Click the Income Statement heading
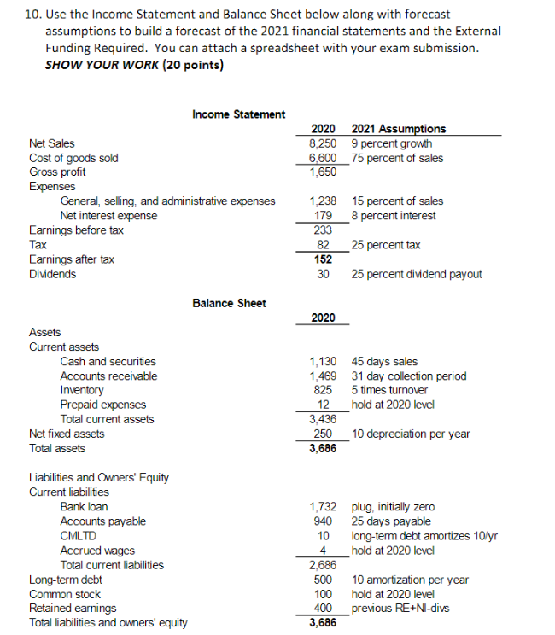[238, 114]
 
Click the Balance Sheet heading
[229, 303]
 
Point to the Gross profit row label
[57, 172]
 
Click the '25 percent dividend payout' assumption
[416, 274]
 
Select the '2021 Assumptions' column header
[398, 129]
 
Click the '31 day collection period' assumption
[408, 376]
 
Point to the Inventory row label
[82, 390]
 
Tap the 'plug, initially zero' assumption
[392, 507]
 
